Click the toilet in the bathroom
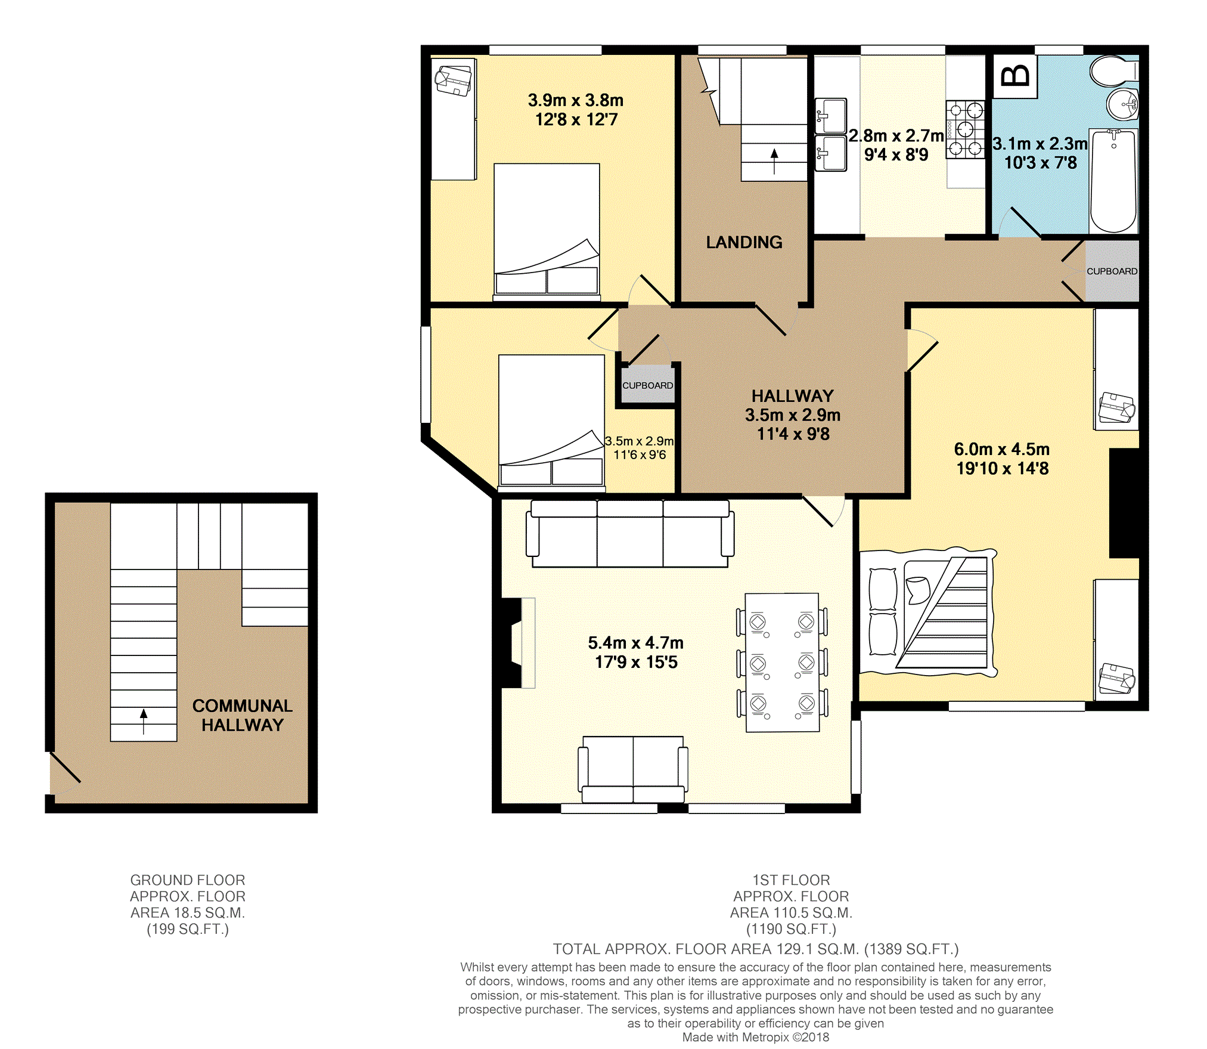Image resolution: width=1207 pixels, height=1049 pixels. coord(1113,72)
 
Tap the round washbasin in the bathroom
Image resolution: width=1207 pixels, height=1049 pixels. coord(1123,105)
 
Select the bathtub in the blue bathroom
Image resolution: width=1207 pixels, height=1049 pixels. coord(1113,181)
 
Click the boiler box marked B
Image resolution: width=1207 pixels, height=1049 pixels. coord(1015,76)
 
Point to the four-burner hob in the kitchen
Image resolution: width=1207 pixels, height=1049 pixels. coord(965,129)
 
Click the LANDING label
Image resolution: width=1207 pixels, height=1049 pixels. coord(744,242)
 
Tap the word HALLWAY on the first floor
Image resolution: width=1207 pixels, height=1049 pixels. coord(792,396)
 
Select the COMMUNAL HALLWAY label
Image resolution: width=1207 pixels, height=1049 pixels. coord(243,715)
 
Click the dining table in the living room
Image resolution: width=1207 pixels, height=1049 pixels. coord(782,662)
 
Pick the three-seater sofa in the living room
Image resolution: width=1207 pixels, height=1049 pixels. coord(630,533)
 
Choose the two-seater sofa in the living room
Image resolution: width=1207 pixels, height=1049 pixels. coord(633,769)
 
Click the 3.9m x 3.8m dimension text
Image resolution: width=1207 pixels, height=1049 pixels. coord(576,110)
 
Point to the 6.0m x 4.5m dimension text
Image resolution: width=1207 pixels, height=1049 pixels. coord(1002,459)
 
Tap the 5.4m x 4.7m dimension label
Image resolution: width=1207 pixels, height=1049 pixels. coord(636,652)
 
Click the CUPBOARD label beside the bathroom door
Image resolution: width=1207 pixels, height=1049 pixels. coord(1112,271)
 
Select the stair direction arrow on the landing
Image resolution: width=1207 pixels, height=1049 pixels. coord(774,161)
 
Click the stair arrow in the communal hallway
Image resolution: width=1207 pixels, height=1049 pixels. coord(144,721)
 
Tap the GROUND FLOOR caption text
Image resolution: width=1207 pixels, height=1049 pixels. coord(188,880)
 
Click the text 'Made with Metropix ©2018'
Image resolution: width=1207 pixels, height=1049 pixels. coord(756,1037)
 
